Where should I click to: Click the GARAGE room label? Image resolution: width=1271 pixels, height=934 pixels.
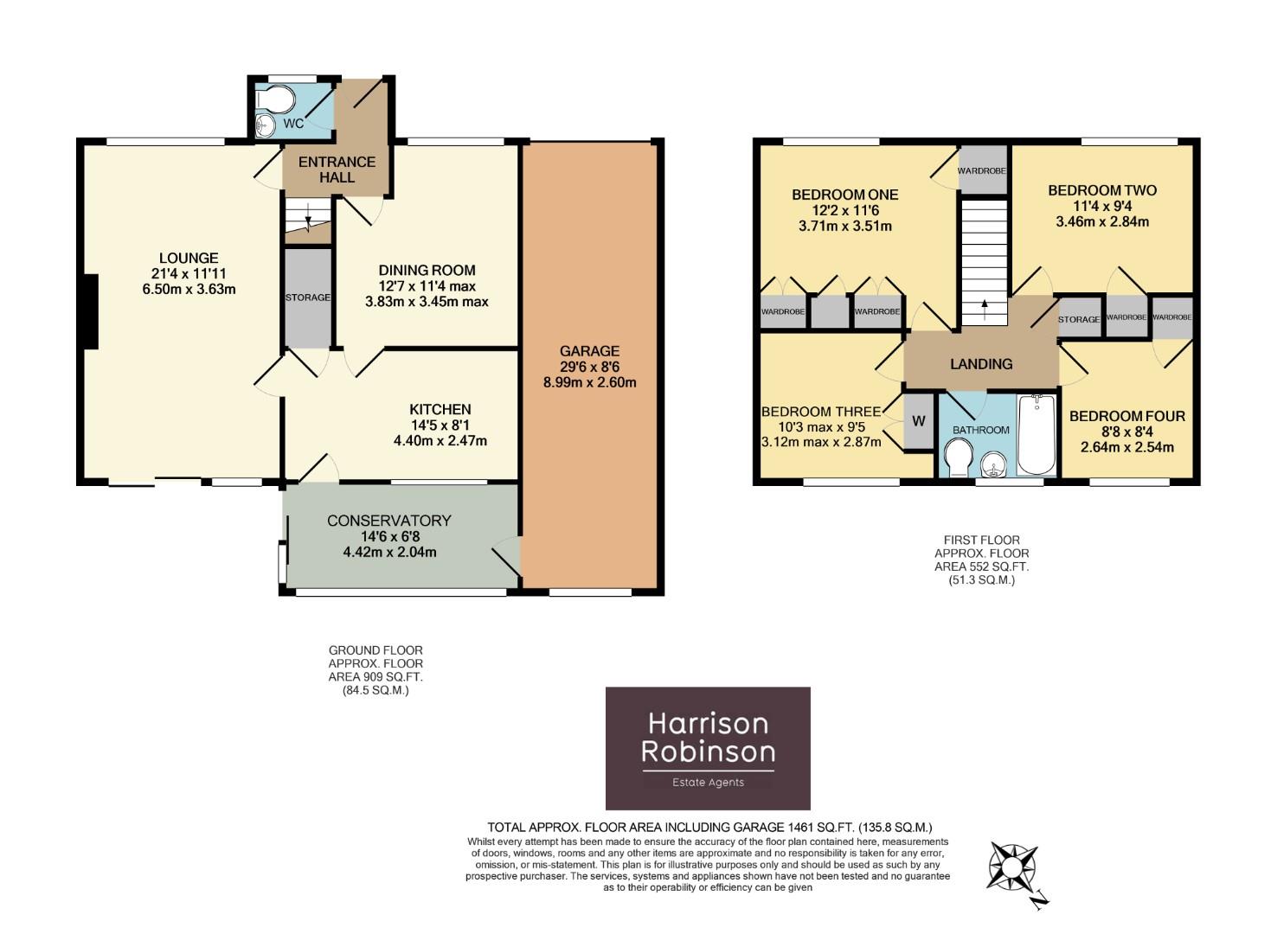click(x=589, y=351)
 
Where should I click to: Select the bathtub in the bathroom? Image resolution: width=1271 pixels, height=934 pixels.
click(x=1036, y=435)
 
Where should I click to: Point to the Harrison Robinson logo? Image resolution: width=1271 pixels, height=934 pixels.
click(x=708, y=748)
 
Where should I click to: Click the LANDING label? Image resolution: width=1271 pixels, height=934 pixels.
click(x=981, y=364)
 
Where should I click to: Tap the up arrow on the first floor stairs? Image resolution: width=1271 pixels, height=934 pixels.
click(x=984, y=304)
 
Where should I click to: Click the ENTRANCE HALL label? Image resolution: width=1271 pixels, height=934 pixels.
click(x=337, y=170)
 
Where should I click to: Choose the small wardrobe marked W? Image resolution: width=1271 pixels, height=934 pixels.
click(x=919, y=421)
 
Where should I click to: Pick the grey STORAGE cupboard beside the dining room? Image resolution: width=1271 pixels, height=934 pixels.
click(x=308, y=297)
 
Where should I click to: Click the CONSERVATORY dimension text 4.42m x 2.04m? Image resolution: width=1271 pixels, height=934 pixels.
click(x=389, y=552)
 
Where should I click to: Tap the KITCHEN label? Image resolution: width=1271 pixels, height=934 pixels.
click(x=440, y=409)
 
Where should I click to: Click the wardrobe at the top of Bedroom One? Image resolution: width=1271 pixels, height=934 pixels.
click(x=981, y=171)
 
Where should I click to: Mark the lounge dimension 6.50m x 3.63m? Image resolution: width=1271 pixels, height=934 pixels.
click(x=189, y=289)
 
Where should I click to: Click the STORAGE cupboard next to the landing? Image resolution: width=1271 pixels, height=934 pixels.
click(x=1079, y=318)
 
